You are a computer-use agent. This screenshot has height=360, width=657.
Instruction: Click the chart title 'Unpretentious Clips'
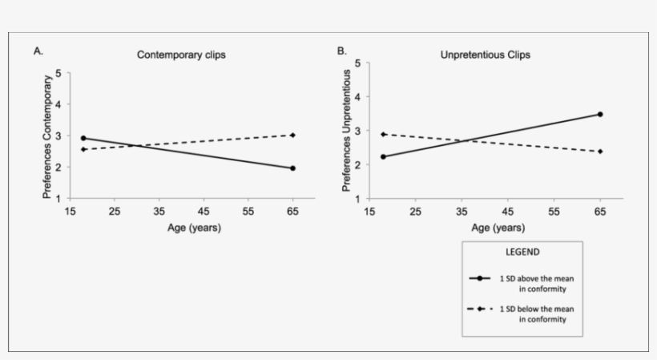tap(486, 55)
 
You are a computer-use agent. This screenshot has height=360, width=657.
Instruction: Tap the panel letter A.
tap(38, 51)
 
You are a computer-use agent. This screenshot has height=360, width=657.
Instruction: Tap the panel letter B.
tap(341, 51)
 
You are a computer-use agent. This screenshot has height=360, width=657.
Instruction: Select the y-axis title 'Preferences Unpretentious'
tap(347, 131)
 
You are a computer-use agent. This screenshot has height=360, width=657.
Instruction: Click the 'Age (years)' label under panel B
tap(491, 228)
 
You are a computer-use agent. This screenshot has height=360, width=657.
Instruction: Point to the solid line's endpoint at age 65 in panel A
tap(292, 168)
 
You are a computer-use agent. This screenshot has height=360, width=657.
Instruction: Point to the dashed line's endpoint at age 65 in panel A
tap(292, 135)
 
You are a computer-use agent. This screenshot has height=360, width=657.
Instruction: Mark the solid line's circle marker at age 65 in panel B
tap(599, 114)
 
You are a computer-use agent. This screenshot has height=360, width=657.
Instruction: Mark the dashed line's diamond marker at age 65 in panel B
tap(599, 152)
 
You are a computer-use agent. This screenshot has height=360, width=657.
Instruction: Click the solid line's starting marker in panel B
tap(383, 156)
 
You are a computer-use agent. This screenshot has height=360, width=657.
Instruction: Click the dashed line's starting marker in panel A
tap(83, 149)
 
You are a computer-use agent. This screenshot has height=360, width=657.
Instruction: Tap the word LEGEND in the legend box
tap(521, 252)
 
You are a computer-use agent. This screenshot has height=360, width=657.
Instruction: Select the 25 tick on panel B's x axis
tap(415, 211)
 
